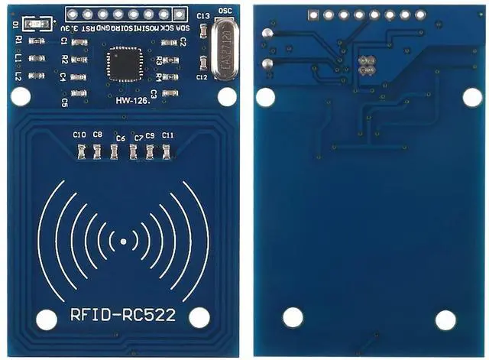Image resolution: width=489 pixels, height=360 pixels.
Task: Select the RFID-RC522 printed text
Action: point(123,314)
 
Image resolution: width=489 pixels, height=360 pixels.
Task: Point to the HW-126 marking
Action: point(133,99)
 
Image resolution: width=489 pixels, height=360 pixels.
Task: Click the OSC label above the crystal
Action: point(225,10)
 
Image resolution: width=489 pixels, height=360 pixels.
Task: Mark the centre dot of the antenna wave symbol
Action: point(123,242)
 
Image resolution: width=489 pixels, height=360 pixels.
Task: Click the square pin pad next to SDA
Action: point(180,14)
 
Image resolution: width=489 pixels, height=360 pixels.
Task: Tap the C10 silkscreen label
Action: point(79,135)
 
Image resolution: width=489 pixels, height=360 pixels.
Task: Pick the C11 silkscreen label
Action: point(168,135)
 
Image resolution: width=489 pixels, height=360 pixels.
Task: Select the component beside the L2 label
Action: point(34,75)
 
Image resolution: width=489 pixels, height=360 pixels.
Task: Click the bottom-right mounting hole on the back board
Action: point(445,319)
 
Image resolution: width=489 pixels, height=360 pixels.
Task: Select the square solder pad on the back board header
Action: point(313,15)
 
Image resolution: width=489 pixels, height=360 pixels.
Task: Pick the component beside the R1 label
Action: point(34,41)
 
